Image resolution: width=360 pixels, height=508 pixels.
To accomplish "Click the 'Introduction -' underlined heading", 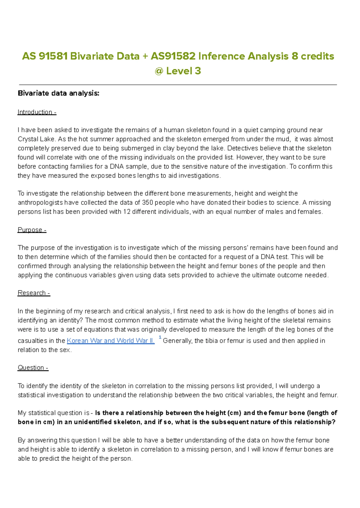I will (37, 112).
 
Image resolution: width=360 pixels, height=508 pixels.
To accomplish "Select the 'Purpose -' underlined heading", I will (32, 230).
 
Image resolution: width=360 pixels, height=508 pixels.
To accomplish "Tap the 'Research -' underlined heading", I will (34, 293).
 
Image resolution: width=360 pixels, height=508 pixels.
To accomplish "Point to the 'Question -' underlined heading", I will (33, 368).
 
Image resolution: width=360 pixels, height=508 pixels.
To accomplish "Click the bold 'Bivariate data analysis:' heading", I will (58, 93).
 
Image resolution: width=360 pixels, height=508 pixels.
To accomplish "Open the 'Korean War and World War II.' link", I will (110, 341).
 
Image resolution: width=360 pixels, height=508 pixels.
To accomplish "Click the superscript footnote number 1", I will (160, 338).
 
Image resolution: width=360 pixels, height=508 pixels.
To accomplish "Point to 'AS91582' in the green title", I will (173, 56).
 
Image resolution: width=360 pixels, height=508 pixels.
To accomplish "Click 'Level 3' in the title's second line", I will (183, 71).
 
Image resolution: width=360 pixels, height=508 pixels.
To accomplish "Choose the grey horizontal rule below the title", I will (178, 85).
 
